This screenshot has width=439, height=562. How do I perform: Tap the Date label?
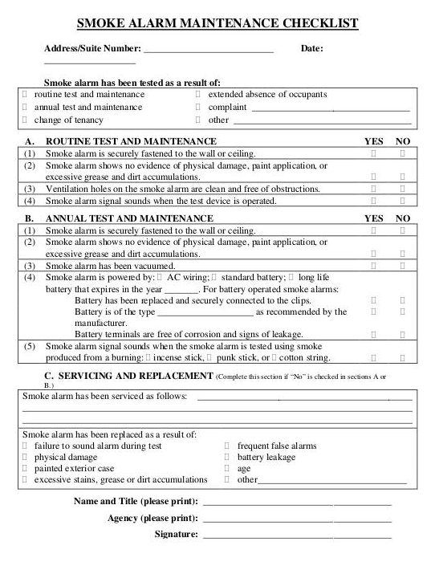point(311,49)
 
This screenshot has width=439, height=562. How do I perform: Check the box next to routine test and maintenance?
point(25,94)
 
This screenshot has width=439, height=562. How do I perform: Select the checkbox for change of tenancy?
point(25,120)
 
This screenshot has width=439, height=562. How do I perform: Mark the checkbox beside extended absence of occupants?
point(197,94)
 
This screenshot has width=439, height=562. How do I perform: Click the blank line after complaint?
point(330,108)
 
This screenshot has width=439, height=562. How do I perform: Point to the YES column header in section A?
point(374,140)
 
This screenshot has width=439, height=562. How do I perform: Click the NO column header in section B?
point(403,218)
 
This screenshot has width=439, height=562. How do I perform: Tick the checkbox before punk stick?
point(209,357)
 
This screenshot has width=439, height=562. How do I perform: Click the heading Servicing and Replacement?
point(128,375)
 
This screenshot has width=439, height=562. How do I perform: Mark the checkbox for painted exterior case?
point(25,468)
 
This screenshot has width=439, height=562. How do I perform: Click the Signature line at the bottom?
point(297,535)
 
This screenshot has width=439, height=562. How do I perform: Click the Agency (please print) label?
point(152,518)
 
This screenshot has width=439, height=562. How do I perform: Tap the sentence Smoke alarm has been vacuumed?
point(110,265)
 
